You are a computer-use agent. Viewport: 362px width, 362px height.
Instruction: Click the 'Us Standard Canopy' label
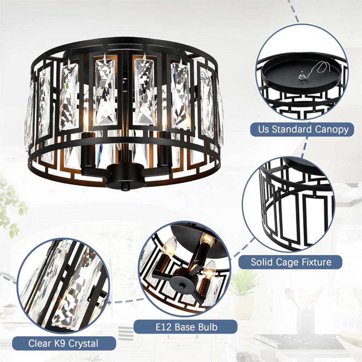click(301, 129)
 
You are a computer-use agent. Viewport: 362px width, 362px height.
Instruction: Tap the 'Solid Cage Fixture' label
click(291, 262)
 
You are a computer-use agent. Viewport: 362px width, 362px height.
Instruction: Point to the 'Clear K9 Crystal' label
click(63, 343)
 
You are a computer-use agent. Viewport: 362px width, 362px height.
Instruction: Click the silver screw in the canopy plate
click(300, 76)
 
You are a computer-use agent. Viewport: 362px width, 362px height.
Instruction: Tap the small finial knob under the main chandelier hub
click(125, 188)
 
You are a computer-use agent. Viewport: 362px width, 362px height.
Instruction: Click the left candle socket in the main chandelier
click(88, 152)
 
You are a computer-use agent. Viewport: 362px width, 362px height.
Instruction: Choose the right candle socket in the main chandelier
click(165, 152)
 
